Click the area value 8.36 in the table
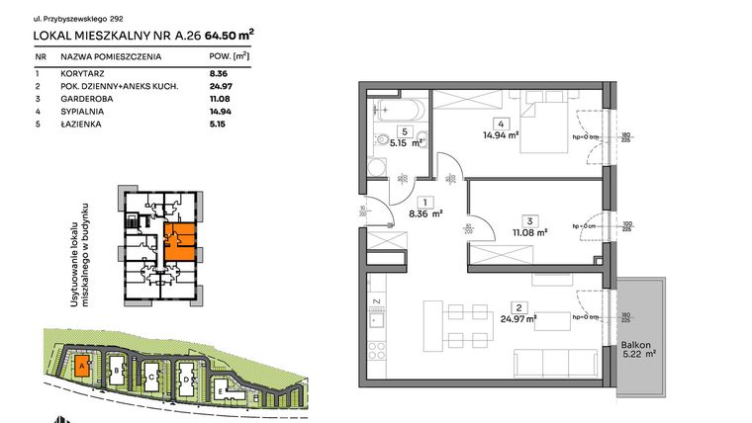coord(210,73)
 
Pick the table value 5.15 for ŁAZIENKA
coord(208,125)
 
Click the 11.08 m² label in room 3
coord(528,232)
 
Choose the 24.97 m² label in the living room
coord(517,318)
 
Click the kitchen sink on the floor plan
coord(376,318)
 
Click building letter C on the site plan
coord(149,377)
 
